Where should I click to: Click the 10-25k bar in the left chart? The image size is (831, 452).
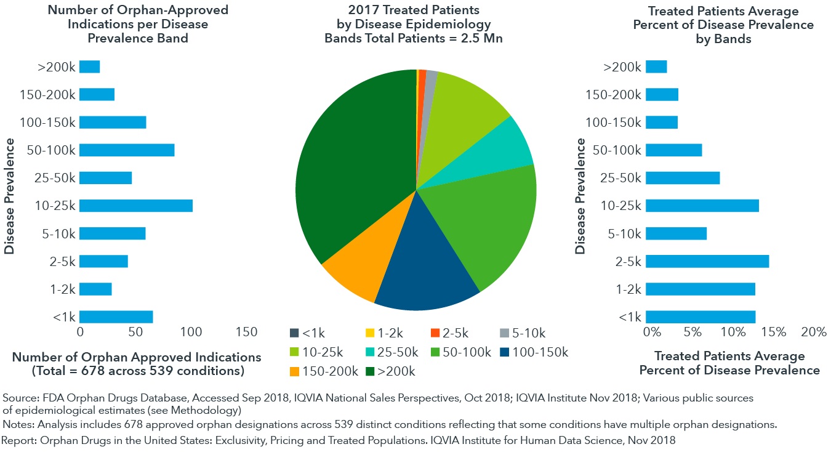coord(136,206)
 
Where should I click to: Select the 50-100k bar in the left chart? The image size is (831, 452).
coord(127,150)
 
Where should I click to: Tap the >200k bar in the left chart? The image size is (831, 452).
coord(90,67)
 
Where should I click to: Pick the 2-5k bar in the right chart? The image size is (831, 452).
coord(707,262)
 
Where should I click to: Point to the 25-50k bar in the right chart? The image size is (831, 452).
coord(683,178)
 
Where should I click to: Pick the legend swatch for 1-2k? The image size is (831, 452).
coord(371,334)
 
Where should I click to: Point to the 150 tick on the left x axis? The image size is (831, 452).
coord(247,332)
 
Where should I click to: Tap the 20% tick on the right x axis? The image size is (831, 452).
coord(814,332)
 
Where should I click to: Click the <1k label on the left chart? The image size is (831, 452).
coord(65,317)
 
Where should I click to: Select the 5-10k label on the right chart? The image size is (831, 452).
coord(625,234)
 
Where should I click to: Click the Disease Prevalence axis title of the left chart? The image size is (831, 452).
coord(9,196)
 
